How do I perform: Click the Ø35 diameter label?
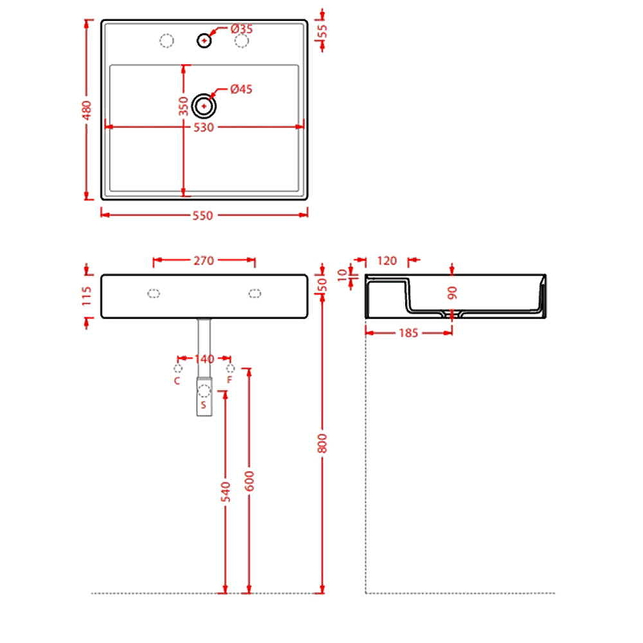click(241, 29)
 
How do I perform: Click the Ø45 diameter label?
click(241, 89)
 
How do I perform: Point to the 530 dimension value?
click(203, 127)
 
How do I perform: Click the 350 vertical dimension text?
click(183, 105)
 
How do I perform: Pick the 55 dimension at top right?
click(322, 32)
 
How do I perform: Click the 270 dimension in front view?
click(203, 260)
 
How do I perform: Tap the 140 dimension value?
click(204, 358)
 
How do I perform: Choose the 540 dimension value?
click(226, 492)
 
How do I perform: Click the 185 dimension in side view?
click(408, 333)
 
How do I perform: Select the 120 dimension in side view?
click(387, 260)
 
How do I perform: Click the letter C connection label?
click(178, 380)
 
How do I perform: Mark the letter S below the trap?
click(204, 406)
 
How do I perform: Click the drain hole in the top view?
click(204, 105)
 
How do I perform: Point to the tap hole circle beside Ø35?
click(204, 39)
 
